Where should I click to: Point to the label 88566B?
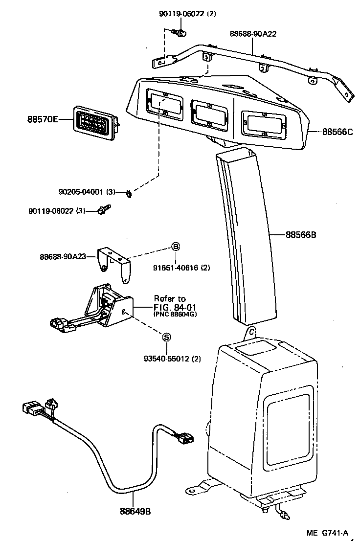click(301, 234)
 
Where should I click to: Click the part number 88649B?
click(135, 511)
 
